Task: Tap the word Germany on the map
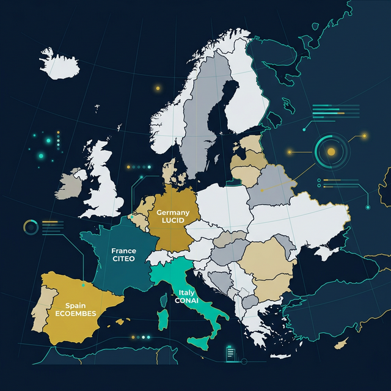tap(173, 212)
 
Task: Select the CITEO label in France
tap(123, 259)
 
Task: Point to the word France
tap(123, 250)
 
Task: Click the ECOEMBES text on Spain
tap(75, 313)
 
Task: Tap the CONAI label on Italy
tap(186, 301)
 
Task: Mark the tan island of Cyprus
tap(342, 343)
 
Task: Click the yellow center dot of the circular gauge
tap(331, 151)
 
